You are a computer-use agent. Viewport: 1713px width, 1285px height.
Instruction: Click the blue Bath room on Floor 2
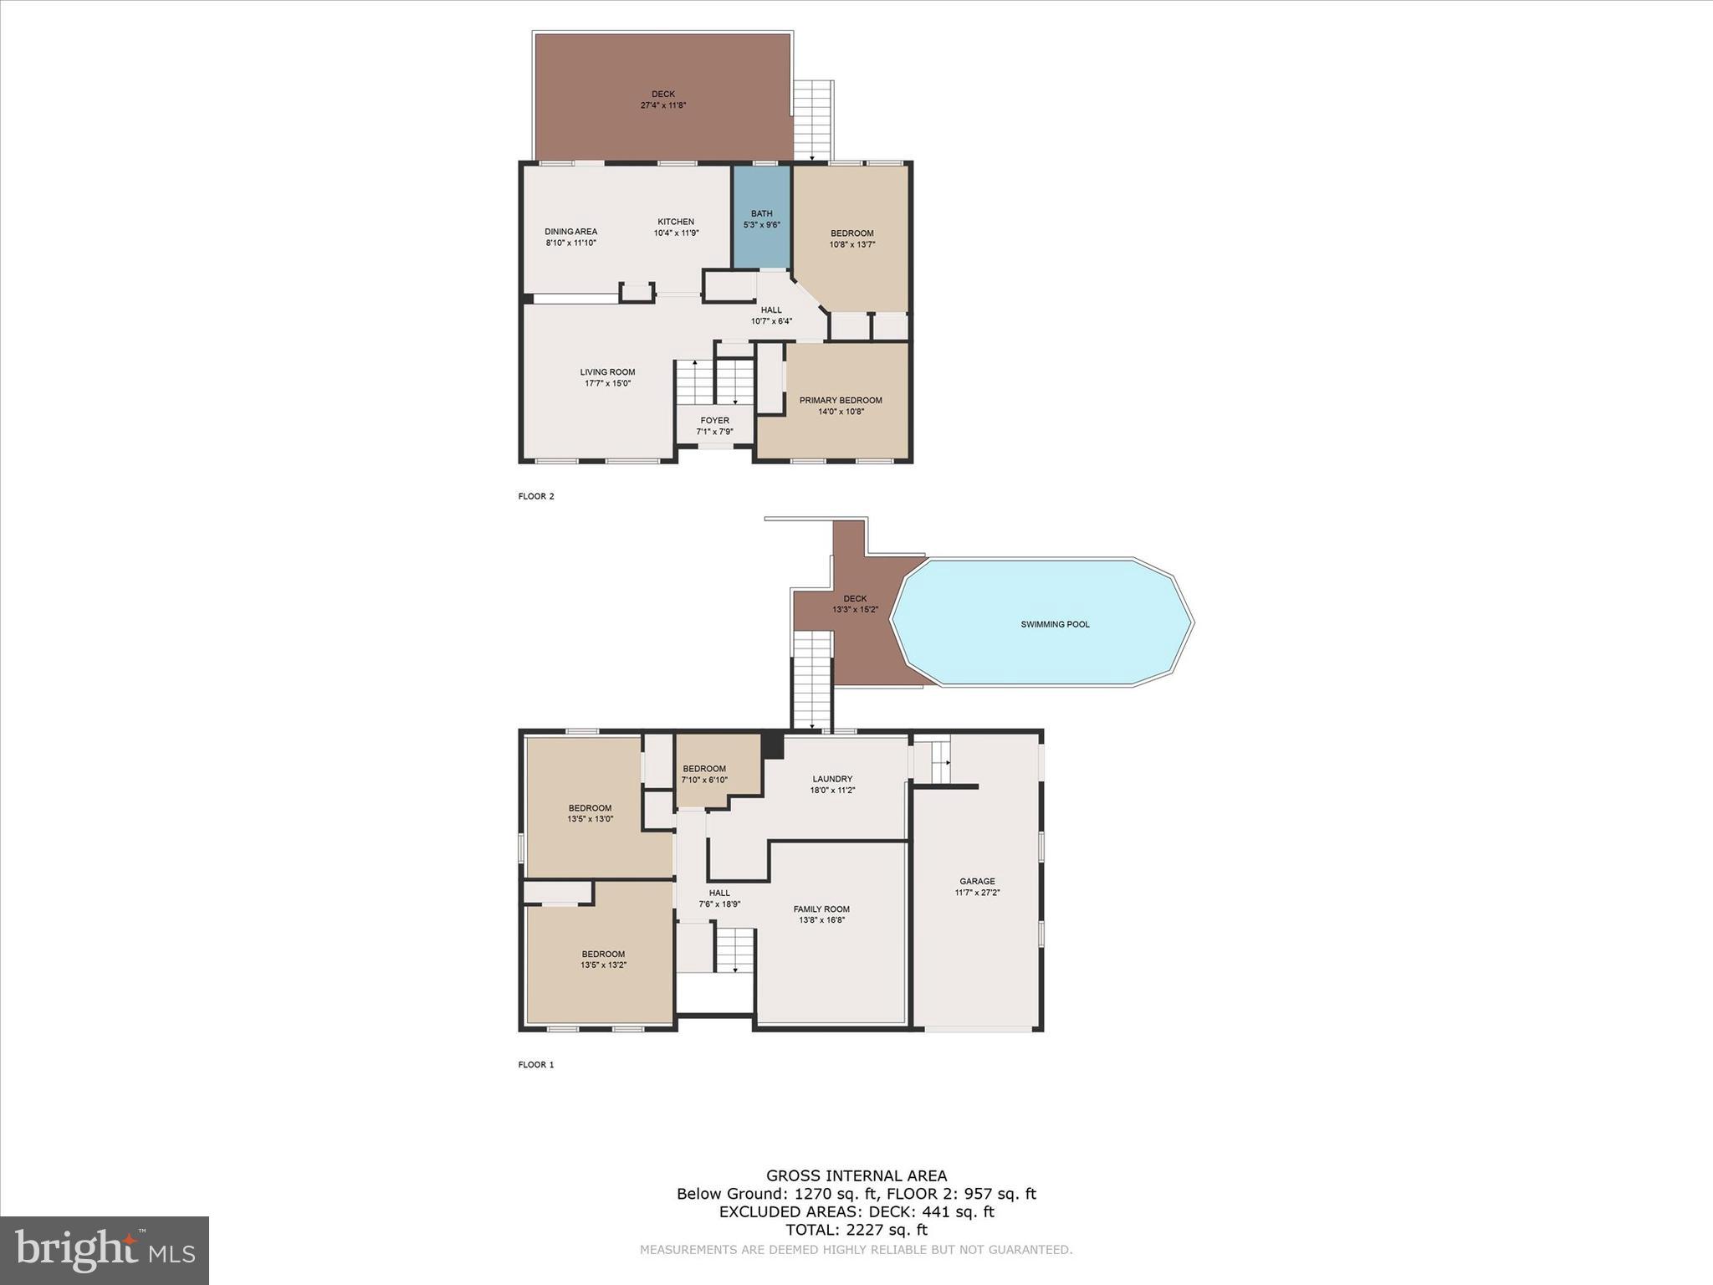[x=762, y=218]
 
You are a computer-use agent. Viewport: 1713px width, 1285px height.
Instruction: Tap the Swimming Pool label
[x=1055, y=624]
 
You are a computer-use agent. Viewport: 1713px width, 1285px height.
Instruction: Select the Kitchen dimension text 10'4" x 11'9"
[x=676, y=233]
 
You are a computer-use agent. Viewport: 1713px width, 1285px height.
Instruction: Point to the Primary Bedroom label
[x=841, y=401]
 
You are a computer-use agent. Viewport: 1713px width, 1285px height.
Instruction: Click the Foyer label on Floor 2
[x=714, y=421]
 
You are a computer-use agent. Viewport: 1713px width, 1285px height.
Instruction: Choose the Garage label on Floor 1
[x=977, y=881]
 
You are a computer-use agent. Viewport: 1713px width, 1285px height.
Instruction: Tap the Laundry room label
[x=831, y=779]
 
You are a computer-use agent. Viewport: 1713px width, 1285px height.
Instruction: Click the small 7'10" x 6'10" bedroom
[x=705, y=774]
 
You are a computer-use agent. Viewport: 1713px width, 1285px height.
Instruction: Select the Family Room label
[x=821, y=909]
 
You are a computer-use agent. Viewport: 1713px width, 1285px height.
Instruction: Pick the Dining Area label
[x=570, y=232]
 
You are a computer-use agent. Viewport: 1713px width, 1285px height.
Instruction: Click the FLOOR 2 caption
[x=536, y=496]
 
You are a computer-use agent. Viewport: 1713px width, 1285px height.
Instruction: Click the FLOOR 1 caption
[x=536, y=1065]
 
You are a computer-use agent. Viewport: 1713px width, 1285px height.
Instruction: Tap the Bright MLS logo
[x=105, y=1250]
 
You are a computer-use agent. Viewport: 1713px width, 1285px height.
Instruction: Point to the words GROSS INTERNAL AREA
[x=856, y=1175]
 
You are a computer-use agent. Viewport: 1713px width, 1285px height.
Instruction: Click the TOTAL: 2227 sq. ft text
[x=856, y=1230]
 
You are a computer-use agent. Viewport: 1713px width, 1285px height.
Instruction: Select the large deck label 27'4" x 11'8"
[x=663, y=105]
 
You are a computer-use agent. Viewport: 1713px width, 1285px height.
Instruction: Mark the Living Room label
[x=607, y=372]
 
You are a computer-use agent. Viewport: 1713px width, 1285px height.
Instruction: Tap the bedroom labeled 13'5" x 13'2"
[x=603, y=960]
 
